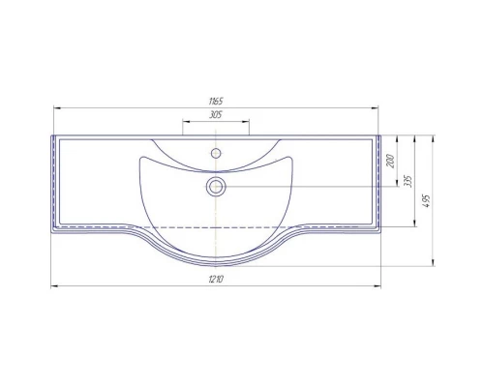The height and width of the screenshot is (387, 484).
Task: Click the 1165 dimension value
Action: pyautogui.click(x=216, y=102)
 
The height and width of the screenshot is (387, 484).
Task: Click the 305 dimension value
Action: pyautogui.click(x=216, y=114)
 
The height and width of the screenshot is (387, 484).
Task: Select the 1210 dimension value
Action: pyautogui.click(x=216, y=279)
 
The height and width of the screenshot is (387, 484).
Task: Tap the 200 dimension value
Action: pyautogui.click(x=391, y=161)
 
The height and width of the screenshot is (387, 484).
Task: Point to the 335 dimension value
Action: pyautogui.click(x=408, y=181)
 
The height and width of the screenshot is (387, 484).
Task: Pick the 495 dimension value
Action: pyautogui.click(x=427, y=200)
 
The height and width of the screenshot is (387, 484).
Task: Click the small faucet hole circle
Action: pyautogui.click(x=216, y=153)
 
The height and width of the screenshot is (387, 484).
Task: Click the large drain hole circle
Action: pyautogui.click(x=216, y=187)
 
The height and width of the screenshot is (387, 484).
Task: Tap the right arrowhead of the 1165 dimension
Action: pyautogui.click(x=375, y=108)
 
